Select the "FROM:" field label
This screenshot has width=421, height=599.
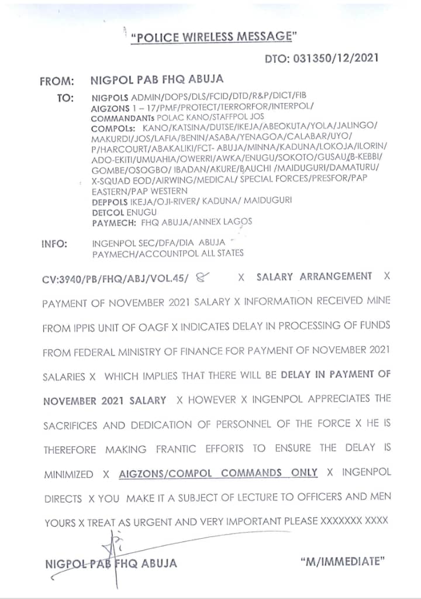point(57,81)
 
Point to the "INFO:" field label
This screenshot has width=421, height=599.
point(54,243)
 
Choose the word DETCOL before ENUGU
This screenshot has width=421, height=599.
point(109,212)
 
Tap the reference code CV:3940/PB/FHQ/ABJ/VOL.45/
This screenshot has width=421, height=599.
point(116,279)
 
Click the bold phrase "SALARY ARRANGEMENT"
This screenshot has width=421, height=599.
point(314,277)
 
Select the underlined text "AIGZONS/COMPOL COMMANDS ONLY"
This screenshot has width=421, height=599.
point(218,473)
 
